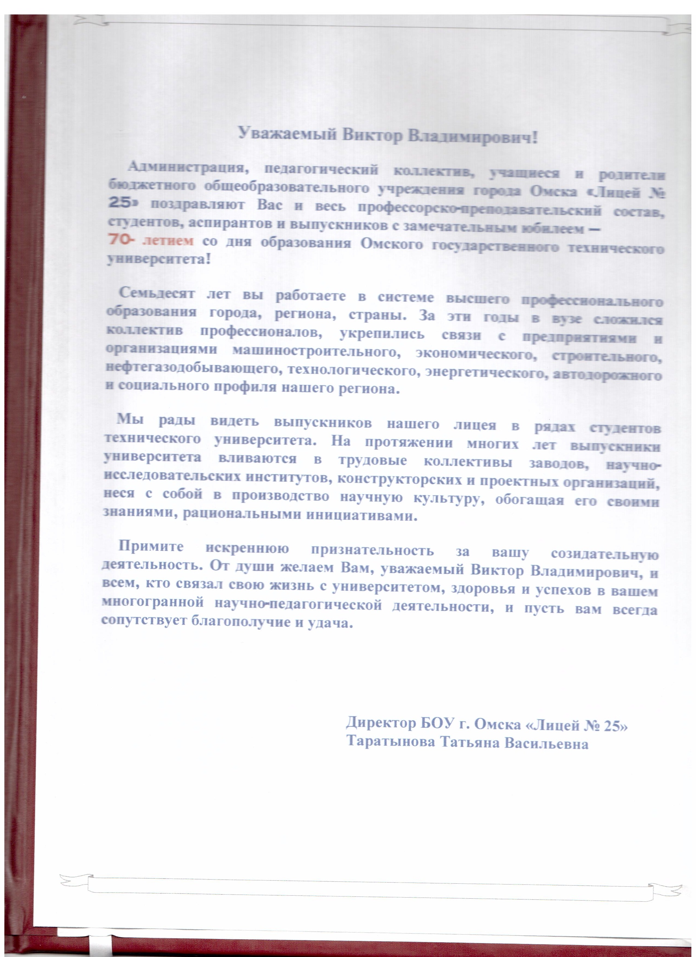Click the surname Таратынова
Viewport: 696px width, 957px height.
click(x=391, y=742)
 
